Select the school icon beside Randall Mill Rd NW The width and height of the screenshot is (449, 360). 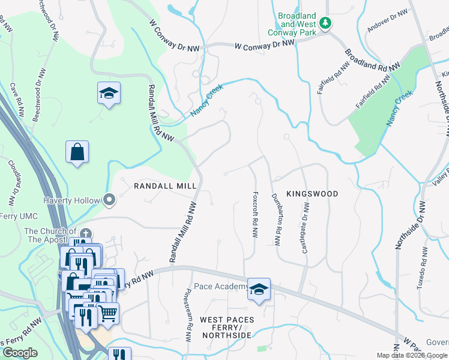click(109, 94)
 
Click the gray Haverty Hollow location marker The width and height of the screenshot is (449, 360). click(109, 200)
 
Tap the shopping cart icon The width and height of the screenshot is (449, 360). click(107, 312)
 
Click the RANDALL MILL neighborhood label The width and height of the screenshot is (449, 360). click(166, 187)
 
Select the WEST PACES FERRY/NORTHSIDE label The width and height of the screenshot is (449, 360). click(227, 327)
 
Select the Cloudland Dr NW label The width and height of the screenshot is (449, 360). click(12, 180)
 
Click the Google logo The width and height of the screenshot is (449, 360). click(20, 353)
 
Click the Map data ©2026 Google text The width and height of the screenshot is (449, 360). click(412, 355)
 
